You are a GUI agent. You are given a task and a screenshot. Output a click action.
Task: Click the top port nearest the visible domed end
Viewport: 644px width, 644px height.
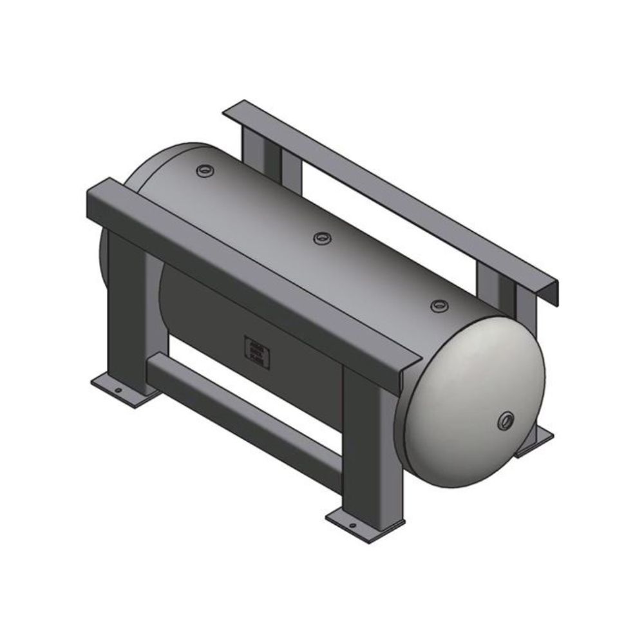pyautogui.click(x=439, y=305)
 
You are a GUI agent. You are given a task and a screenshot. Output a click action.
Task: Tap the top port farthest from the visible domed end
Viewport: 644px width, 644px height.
pyautogui.click(x=205, y=170)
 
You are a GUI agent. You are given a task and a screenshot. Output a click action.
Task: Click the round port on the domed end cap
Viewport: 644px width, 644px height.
pyautogui.click(x=504, y=421)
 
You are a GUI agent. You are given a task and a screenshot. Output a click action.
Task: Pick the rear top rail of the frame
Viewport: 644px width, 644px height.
pyautogui.click(x=393, y=193)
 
